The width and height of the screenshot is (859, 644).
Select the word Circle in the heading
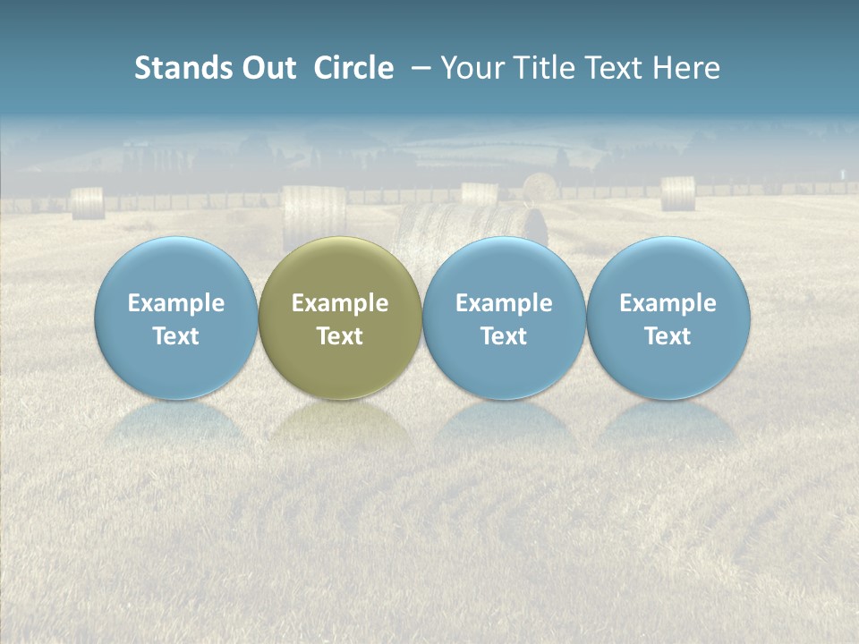(x=353, y=68)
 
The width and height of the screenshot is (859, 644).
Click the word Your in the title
(x=472, y=68)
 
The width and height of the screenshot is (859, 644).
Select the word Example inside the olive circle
(x=340, y=303)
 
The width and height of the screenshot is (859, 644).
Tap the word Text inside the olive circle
(x=340, y=336)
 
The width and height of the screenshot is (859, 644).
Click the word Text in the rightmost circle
(x=668, y=336)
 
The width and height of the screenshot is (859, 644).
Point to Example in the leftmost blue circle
(x=175, y=303)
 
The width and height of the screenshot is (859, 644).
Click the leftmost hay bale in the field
(x=88, y=203)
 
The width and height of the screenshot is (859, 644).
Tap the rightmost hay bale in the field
(x=677, y=193)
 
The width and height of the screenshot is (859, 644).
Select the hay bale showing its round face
(x=540, y=187)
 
